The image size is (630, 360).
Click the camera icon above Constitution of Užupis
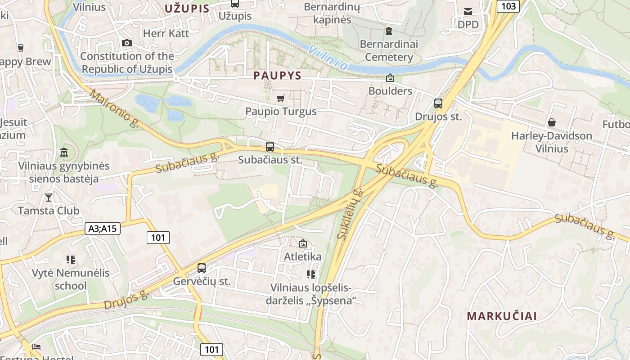(127, 43)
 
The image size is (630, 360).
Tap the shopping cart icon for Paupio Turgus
(281, 98)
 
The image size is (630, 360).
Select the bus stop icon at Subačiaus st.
(270, 146)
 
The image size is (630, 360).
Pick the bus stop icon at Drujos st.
(438, 103)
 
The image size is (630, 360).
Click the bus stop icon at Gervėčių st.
(202, 268)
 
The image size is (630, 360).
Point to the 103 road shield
(508, 6)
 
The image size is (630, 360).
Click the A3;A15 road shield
(103, 229)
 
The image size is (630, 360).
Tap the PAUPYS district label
(277, 76)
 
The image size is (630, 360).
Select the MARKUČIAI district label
(502, 316)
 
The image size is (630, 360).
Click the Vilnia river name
(329, 58)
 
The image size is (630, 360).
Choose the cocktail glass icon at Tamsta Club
(49, 197)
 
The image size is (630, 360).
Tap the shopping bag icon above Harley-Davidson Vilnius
(552, 122)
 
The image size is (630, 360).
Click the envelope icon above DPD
(468, 11)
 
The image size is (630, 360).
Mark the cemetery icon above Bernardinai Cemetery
(389, 31)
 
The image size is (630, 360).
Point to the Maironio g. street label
(114, 108)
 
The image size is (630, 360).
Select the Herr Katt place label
(166, 33)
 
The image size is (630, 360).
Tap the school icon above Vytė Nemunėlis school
(71, 260)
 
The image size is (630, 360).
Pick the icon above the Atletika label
(303, 243)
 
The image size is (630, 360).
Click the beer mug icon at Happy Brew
(20, 48)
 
